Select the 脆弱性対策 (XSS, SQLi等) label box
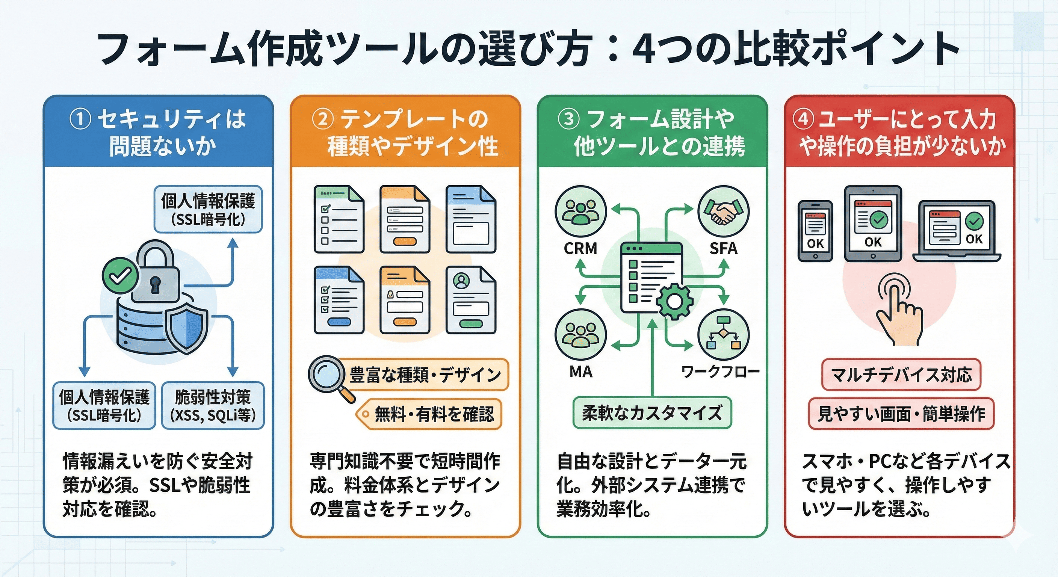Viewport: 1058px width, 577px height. click(x=213, y=406)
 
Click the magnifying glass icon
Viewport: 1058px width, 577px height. click(x=327, y=375)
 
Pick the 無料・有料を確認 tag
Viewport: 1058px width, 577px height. click(x=429, y=414)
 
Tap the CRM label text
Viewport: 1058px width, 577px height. click(x=580, y=248)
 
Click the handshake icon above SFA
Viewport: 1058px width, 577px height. click(x=723, y=211)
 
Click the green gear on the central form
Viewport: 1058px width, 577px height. click(x=674, y=301)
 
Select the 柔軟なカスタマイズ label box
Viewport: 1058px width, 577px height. click(x=652, y=413)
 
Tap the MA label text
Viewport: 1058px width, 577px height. click(x=580, y=372)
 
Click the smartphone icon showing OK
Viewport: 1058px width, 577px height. click(x=815, y=231)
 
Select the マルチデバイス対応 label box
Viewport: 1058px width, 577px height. click(x=901, y=375)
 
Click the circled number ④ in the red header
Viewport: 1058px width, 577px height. click(x=803, y=119)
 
